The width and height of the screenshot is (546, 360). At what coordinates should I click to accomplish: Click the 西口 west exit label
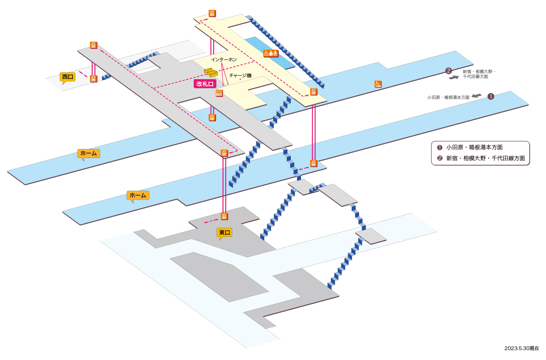point(67,77)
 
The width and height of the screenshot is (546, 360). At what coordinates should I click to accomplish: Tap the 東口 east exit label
point(224,232)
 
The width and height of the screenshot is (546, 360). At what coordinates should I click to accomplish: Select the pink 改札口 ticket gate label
point(205,84)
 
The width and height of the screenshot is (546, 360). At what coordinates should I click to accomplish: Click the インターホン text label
point(224,59)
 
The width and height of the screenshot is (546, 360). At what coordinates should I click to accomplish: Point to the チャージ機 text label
point(240,75)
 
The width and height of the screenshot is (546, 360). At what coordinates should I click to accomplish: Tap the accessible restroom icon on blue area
point(271,53)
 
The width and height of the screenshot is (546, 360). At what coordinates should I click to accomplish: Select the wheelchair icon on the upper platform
point(378,84)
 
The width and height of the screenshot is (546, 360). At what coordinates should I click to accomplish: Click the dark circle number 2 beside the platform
point(449,71)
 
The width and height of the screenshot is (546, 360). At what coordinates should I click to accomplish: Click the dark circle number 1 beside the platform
point(491,97)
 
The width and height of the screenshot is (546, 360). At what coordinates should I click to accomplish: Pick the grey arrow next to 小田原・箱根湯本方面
point(477,96)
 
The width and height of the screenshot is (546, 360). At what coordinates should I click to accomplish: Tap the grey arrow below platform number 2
point(454,77)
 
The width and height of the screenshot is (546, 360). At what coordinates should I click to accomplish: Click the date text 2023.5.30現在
point(522,348)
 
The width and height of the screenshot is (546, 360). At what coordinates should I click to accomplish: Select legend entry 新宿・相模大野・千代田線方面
point(481,158)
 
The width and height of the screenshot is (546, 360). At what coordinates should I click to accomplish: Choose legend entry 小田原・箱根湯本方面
point(470,147)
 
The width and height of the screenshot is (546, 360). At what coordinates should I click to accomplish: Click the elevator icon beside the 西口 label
point(93,79)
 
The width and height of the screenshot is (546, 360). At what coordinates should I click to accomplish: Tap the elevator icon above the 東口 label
point(224,216)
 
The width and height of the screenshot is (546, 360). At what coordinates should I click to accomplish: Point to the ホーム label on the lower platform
point(138,196)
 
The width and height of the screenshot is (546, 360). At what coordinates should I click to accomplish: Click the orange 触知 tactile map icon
point(219,93)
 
